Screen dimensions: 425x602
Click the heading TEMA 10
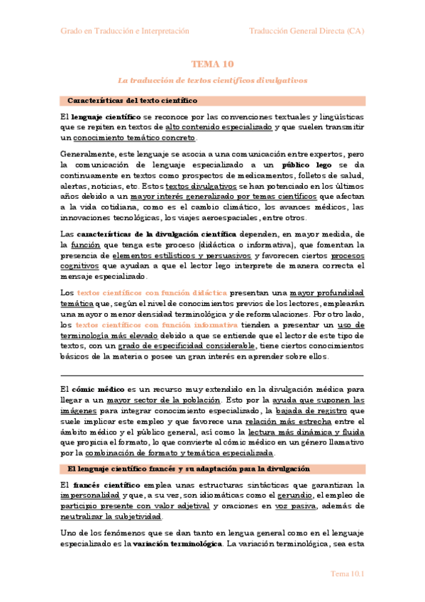pos(212,64)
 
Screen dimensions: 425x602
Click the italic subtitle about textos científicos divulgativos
pos(212,80)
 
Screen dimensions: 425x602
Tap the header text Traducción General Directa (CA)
pos(307,31)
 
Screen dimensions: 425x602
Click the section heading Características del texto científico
pos(132,101)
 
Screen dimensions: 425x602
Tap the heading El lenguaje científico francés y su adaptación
pos(189,449)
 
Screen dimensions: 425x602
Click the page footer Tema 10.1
pos(348,573)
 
